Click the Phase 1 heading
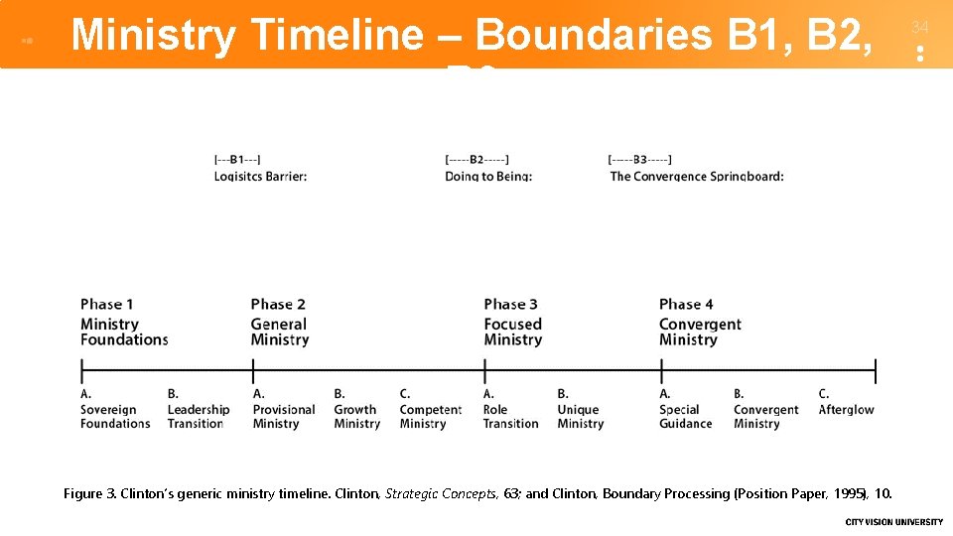pyautogui.click(x=107, y=305)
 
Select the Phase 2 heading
pyautogui.click(x=278, y=305)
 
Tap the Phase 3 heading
pyautogui.click(x=511, y=305)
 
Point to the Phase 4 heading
pyautogui.click(x=686, y=305)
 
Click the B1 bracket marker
pyautogui.click(x=237, y=159)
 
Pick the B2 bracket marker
pyautogui.click(x=477, y=159)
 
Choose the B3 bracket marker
pyautogui.click(x=640, y=159)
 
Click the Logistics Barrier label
pyautogui.click(x=260, y=176)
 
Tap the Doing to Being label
pyautogui.click(x=488, y=176)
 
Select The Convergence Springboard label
pyautogui.click(x=697, y=176)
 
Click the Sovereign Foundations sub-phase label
pyautogui.click(x=115, y=416)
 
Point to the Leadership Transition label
pyautogui.click(x=198, y=416)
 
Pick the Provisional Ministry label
pyautogui.click(x=284, y=416)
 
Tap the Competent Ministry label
pyautogui.click(x=430, y=416)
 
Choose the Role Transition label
pyautogui.click(x=510, y=416)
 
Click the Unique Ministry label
pyautogui.click(x=580, y=416)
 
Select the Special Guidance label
pyautogui.click(x=685, y=416)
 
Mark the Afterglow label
pyautogui.click(x=846, y=409)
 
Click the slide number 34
pyautogui.click(x=919, y=27)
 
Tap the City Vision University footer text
pyautogui.click(x=893, y=522)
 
